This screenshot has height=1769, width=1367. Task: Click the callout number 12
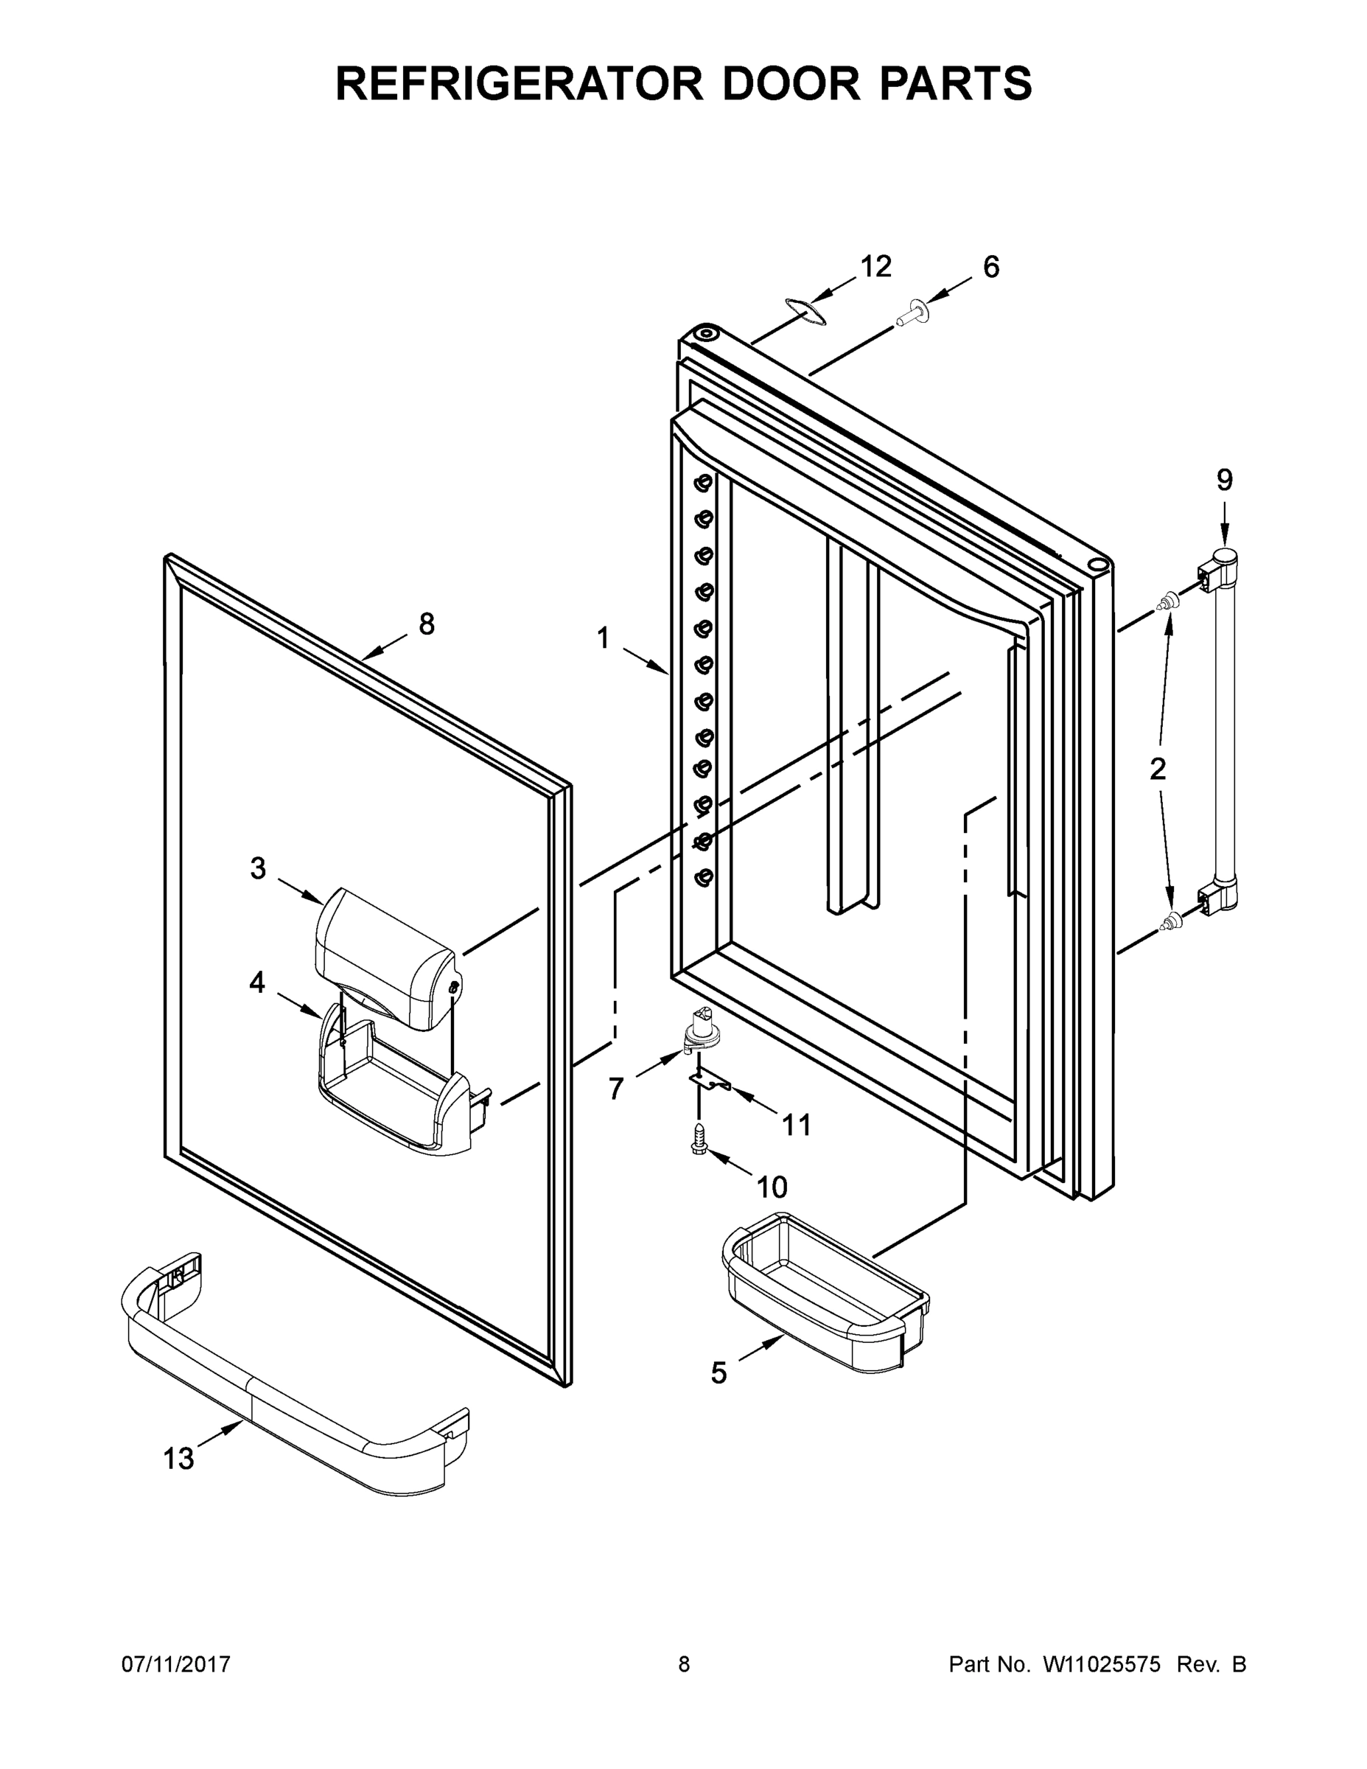[x=875, y=267]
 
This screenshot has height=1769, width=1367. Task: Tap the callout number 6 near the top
[x=991, y=267]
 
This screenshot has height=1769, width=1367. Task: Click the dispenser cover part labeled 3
[x=385, y=956]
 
